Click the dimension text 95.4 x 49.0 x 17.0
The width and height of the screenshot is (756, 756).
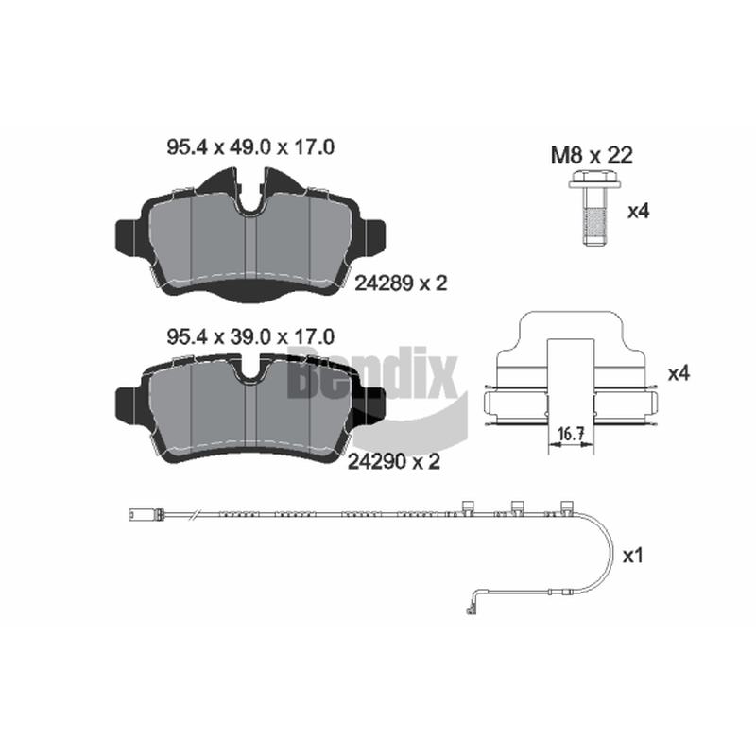pyautogui.click(x=250, y=147)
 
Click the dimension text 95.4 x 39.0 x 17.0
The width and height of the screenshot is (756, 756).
pyautogui.click(x=250, y=337)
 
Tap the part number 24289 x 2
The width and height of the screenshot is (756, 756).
pyautogui.click(x=401, y=283)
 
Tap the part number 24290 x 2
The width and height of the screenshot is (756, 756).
pyautogui.click(x=394, y=462)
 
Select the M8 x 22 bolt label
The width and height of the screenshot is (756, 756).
pyautogui.click(x=592, y=155)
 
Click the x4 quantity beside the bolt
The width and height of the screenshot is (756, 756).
pyautogui.click(x=639, y=211)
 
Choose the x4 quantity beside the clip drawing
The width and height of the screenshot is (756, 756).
pyautogui.click(x=679, y=373)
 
